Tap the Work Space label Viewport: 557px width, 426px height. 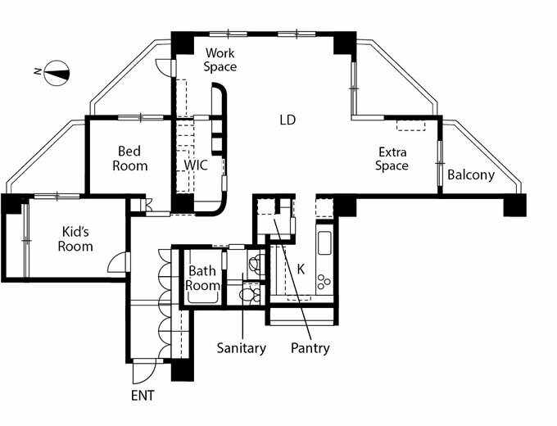[220, 61]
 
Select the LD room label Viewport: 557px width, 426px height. [287, 120]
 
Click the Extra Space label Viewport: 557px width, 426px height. [392, 159]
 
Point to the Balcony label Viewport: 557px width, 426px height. [471, 175]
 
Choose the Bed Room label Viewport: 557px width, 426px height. [130, 159]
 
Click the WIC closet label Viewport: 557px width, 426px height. [196, 165]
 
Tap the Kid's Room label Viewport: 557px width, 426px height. [75, 238]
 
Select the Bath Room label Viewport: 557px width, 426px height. [202, 279]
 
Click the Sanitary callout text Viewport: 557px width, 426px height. [242, 348]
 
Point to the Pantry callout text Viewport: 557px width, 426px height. [310, 348]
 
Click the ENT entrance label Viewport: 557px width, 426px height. [143, 396]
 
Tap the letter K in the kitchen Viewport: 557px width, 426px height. [301, 269]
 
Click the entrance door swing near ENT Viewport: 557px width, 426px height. [144, 372]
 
